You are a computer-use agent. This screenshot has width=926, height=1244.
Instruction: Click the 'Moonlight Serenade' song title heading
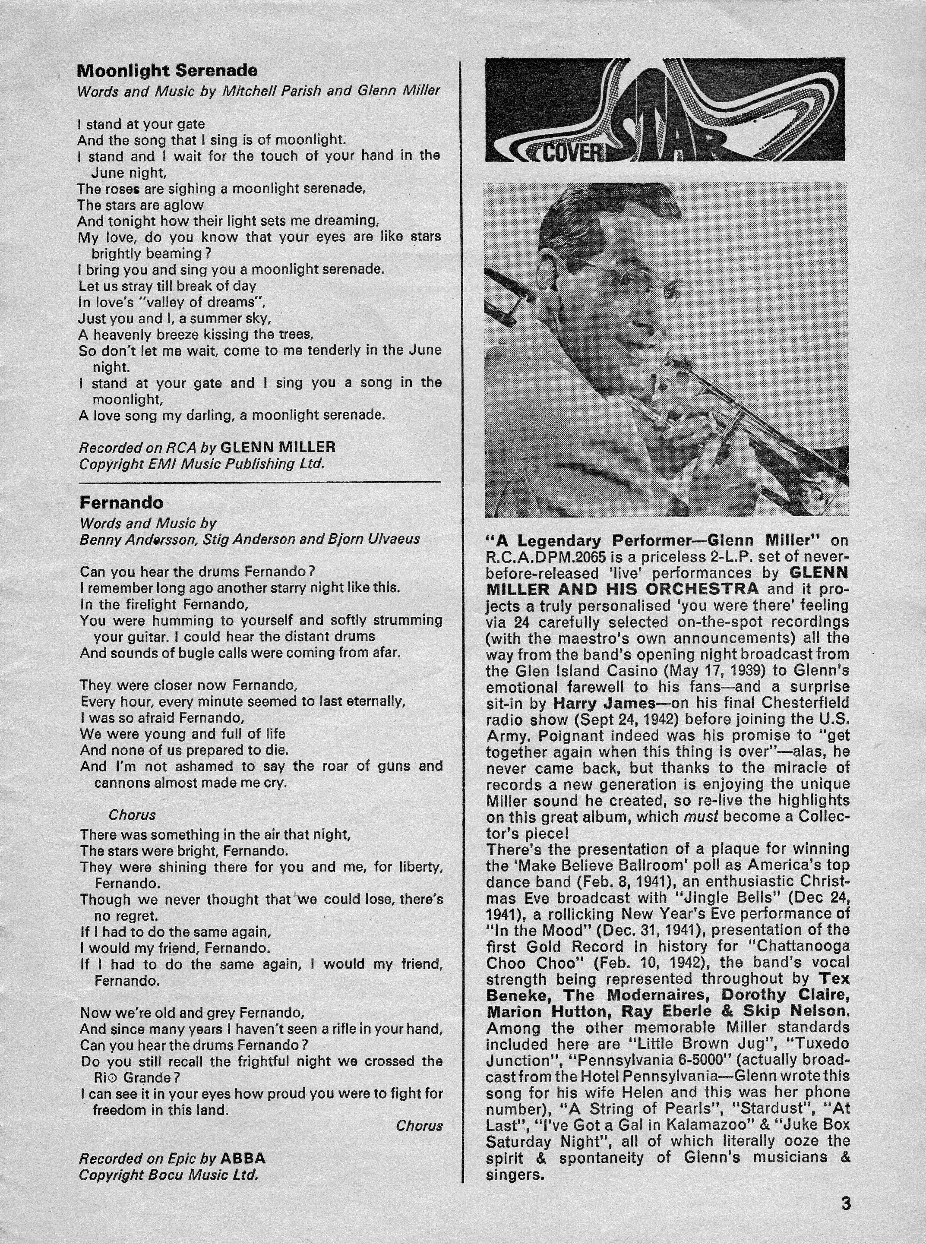tap(167, 71)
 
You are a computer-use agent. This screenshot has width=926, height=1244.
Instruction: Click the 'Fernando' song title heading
tap(121, 502)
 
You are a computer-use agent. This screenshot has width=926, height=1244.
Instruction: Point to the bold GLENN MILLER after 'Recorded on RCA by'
tap(278, 447)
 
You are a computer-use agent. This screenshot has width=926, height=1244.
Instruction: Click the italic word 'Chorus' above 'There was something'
tap(132, 815)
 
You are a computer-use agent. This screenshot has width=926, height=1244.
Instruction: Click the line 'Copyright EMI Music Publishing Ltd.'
tap(201, 464)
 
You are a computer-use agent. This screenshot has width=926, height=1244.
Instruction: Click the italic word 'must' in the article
tap(701, 816)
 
